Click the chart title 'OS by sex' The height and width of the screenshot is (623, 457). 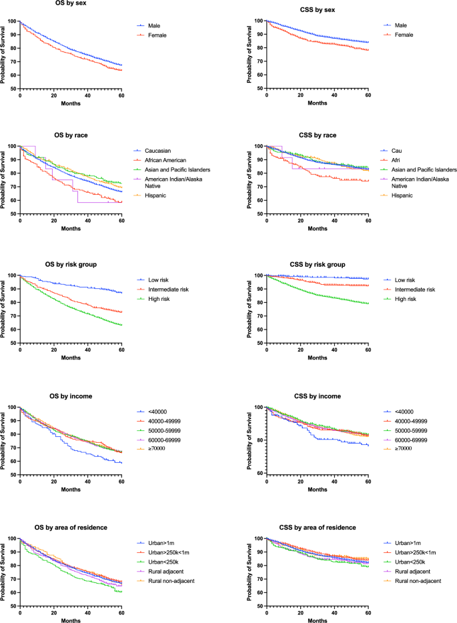click(x=71, y=3)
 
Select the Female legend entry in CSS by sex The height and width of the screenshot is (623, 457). click(x=404, y=35)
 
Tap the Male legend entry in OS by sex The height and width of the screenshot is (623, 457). click(x=154, y=26)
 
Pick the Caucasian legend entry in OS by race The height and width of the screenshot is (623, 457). click(x=157, y=151)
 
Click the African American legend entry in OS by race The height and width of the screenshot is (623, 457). click(x=165, y=161)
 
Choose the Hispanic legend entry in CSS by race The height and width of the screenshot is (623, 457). click(x=402, y=195)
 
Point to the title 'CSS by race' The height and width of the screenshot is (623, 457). click(x=318, y=135)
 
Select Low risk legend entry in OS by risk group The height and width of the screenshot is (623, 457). click(x=158, y=280)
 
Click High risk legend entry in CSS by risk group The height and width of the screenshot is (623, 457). click(x=406, y=299)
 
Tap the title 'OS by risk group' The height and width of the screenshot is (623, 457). click(x=71, y=265)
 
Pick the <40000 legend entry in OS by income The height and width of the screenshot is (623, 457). click(x=157, y=412)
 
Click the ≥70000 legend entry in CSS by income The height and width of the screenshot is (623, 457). click(x=403, y=449)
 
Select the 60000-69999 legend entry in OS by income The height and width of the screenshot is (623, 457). click(x=164, y=440)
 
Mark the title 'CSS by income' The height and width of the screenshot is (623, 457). click(x=318, y=396)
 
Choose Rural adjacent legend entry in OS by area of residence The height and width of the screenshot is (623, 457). click(x=165, y=572)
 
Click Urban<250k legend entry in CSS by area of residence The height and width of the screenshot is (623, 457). click(x=410, y=562)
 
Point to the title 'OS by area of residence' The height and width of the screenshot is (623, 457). click(x=71, y=528)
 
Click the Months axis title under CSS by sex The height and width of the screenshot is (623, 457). click(x=318, y=103)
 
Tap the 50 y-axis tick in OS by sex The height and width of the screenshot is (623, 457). click(x=13, y=89)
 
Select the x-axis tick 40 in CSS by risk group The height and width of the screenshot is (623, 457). click(x=335, y=350)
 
